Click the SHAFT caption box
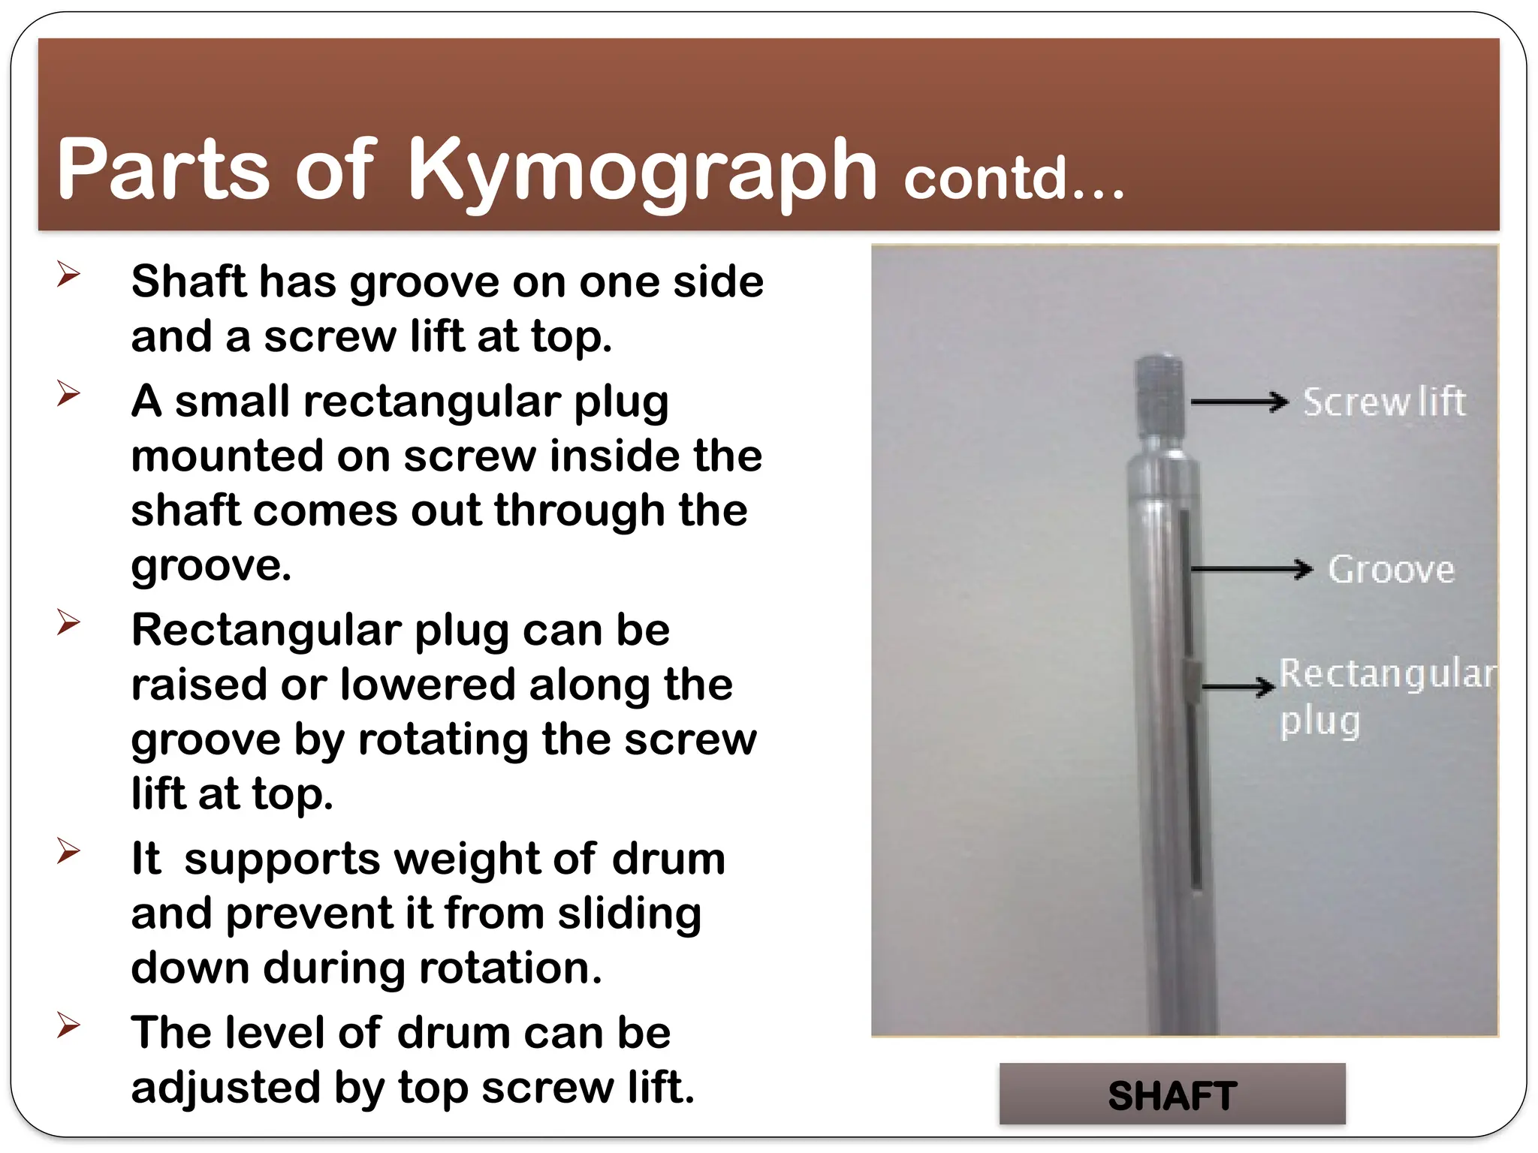pos(1172,1094)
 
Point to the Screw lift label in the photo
pos(1383,402)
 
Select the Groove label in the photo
pos(1391,570)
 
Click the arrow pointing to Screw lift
pos(1239,402)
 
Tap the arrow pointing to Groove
pos(1251,570)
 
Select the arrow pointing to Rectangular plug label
pos(1238,686)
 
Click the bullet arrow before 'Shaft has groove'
pos(68,274)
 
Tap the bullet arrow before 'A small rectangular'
pos(68,393)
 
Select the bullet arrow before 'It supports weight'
pos(68,851)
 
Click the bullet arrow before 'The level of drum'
pos(68,1025)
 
